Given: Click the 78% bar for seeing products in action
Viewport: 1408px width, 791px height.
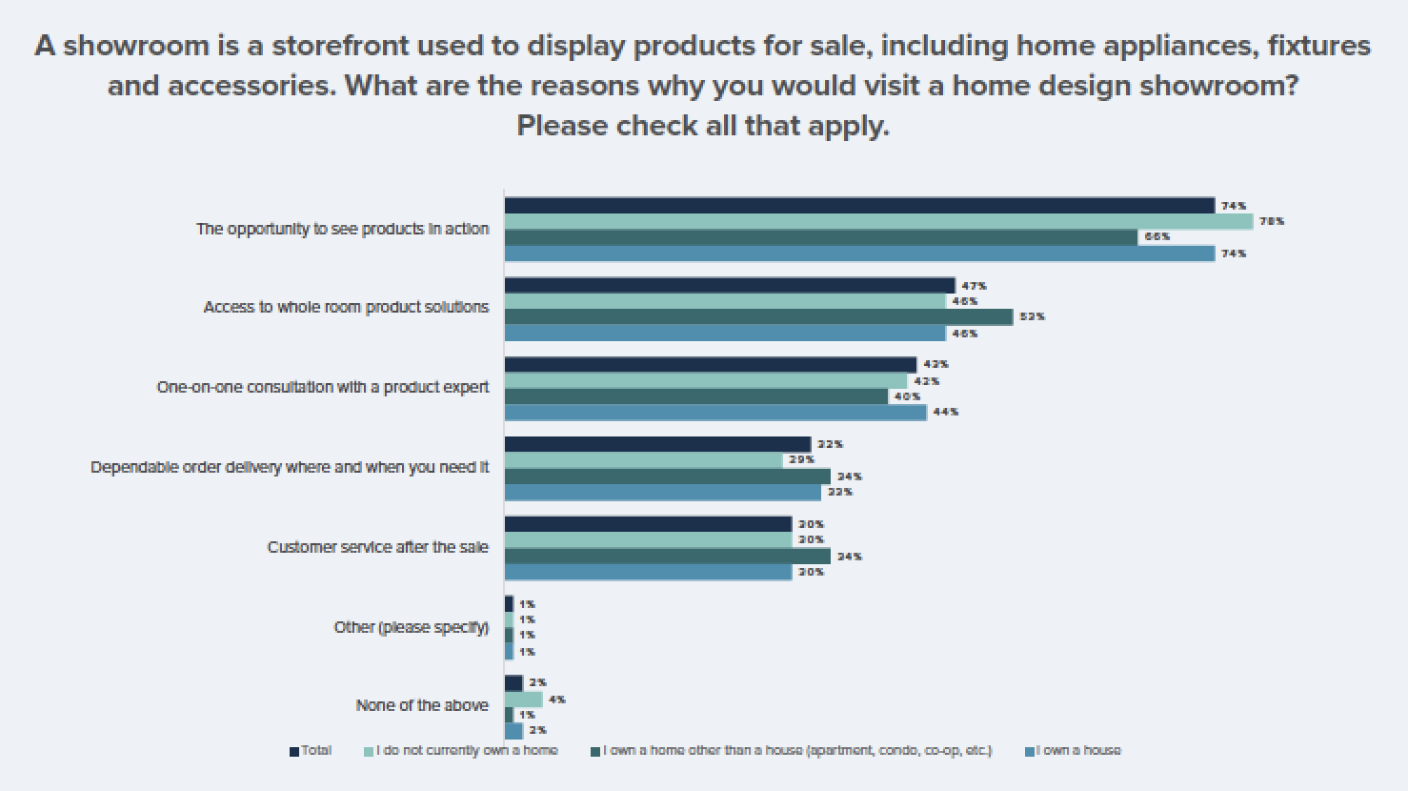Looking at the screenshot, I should [x=878, y=221].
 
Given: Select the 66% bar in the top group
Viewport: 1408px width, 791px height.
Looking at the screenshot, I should [x=821, y=237].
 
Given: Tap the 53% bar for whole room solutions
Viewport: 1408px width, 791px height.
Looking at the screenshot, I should [x=758, y=316].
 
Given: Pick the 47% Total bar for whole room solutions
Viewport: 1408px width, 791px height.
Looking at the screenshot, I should [x=730, y=285].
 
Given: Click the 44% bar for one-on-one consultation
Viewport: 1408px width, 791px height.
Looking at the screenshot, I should [x=715, y=413].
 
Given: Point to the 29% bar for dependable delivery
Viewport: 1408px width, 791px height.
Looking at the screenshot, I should [x=644, y=460].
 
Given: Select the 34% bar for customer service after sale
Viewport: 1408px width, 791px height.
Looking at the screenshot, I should [x=667, y=557].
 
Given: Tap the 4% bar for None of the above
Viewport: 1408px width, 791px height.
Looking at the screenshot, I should [x=523, y=700].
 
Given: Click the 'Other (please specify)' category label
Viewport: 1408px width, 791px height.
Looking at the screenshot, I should [x=411, y=627].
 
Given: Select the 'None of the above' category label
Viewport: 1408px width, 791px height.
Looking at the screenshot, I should [x=422, y=705].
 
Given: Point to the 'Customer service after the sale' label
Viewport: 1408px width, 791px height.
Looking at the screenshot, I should [x=377, y=547].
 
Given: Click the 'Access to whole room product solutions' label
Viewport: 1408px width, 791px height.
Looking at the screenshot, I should [x=346, y=307].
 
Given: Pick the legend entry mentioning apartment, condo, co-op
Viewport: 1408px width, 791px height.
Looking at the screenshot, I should [x=796, y=751].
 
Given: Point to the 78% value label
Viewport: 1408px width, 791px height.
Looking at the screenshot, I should [x=1272, y=221].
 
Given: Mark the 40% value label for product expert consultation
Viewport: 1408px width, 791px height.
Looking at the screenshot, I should [x=907, y=396].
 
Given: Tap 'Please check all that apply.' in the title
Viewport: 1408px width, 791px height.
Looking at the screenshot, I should [x=703, y=125].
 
